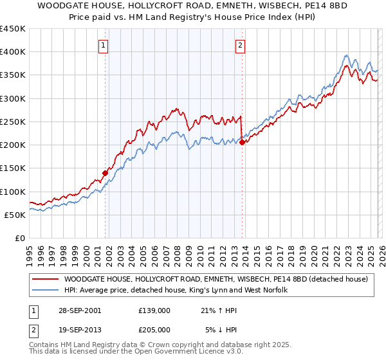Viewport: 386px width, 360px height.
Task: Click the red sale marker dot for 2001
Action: point(106,173)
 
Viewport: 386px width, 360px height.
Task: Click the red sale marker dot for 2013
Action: point(242,143)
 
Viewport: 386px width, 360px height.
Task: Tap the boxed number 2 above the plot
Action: point(240,45)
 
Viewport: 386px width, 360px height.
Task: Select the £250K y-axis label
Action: point(13,122)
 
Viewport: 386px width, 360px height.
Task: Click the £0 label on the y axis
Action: point(19,238)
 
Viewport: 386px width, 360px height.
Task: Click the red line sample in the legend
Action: point(46,279)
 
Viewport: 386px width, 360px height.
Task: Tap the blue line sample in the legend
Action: point(46,291)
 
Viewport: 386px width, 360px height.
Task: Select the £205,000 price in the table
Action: point(154,330)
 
